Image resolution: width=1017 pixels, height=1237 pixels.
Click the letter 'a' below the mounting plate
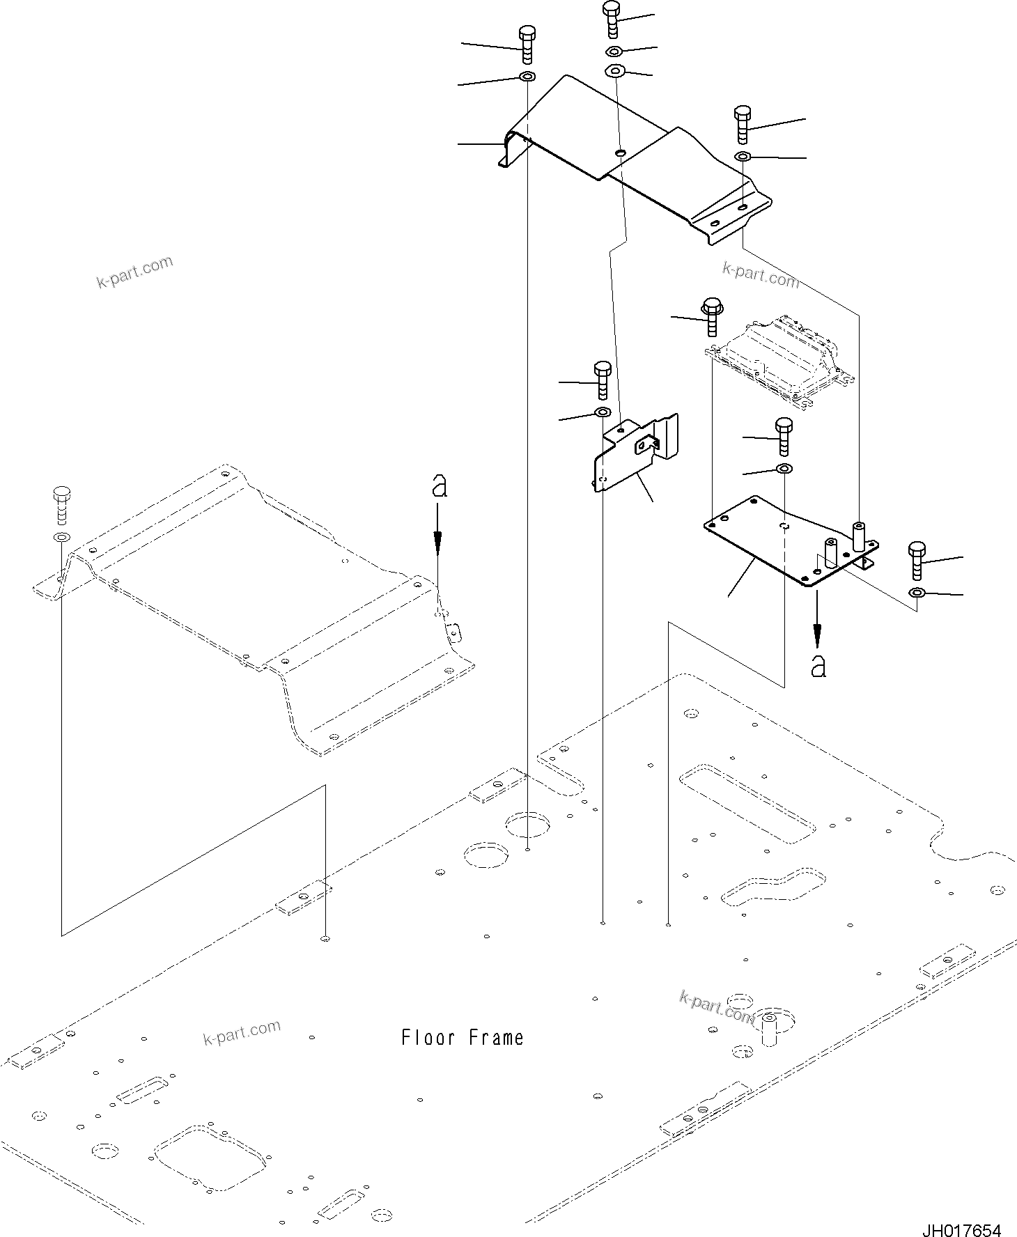point(818,667)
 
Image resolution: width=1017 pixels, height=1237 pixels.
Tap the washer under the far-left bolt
point(61,538)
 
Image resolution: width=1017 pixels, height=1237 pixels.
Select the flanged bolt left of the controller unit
point(711,317)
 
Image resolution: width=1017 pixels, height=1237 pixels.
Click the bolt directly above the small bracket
point(602,380)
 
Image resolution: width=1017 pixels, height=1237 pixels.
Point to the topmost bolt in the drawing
point(611,19)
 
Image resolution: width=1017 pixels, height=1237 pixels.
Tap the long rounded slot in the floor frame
point(746,804)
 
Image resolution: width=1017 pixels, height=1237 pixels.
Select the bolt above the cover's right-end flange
point(743,125)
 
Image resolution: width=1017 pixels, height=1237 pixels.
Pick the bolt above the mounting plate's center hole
point(784,435)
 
